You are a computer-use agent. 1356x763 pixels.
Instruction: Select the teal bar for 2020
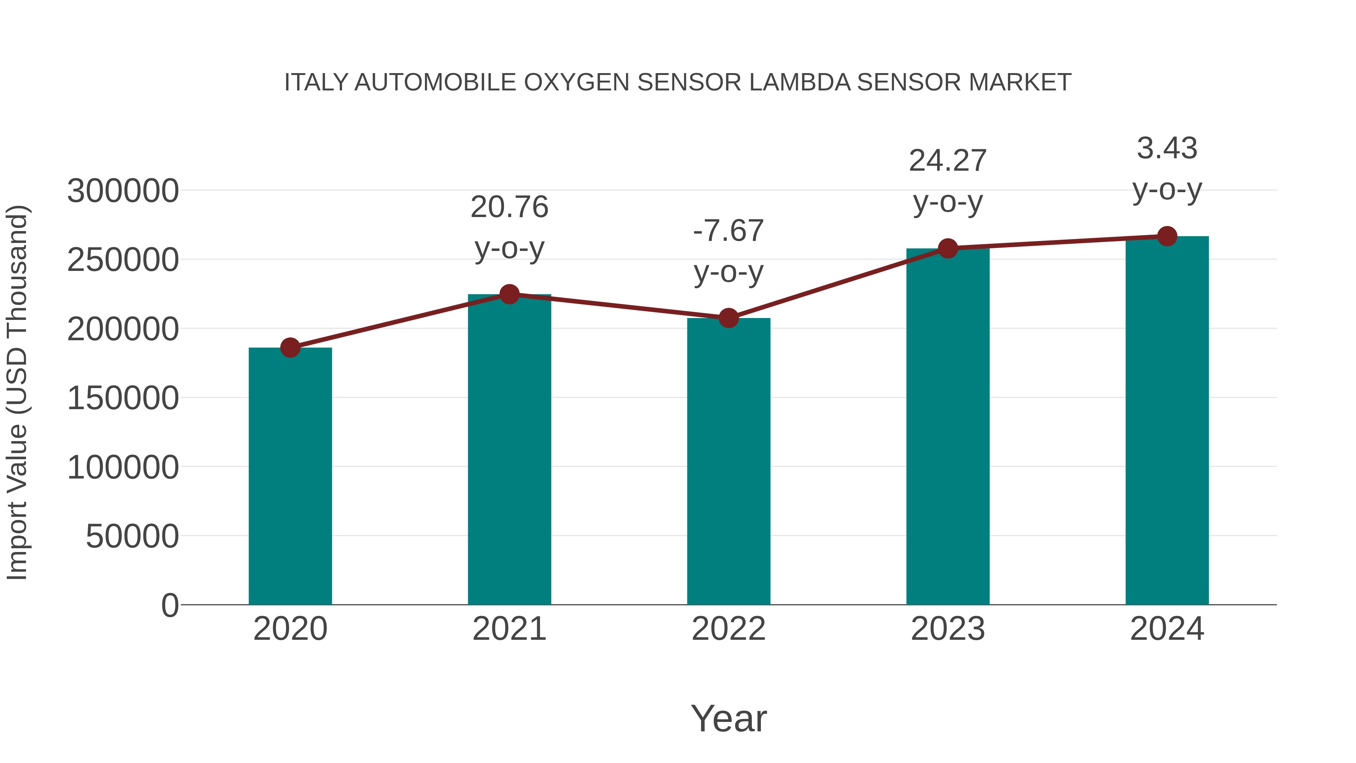click(290, 477)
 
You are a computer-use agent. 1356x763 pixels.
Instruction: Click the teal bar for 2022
click(728, 462)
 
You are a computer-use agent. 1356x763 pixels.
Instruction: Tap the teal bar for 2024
click(1167, 421)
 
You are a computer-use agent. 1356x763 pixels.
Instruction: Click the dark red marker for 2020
click(290, 347)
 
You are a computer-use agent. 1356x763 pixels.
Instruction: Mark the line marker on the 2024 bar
click(1167, 236)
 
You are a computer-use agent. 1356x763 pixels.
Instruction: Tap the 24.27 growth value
click(948, 161)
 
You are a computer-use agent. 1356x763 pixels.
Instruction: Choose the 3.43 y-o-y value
click(1167, 148)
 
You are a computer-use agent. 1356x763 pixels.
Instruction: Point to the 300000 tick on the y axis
click(123, 191)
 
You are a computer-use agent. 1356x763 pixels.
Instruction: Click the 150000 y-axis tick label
click(123, 398)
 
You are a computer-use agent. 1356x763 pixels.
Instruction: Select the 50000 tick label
click(132, 537)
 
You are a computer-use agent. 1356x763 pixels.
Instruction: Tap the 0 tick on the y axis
click(170, 606)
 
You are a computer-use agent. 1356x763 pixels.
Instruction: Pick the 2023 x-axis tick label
click(948, 629)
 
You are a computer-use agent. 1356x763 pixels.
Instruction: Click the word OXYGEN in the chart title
click(577, 83)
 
